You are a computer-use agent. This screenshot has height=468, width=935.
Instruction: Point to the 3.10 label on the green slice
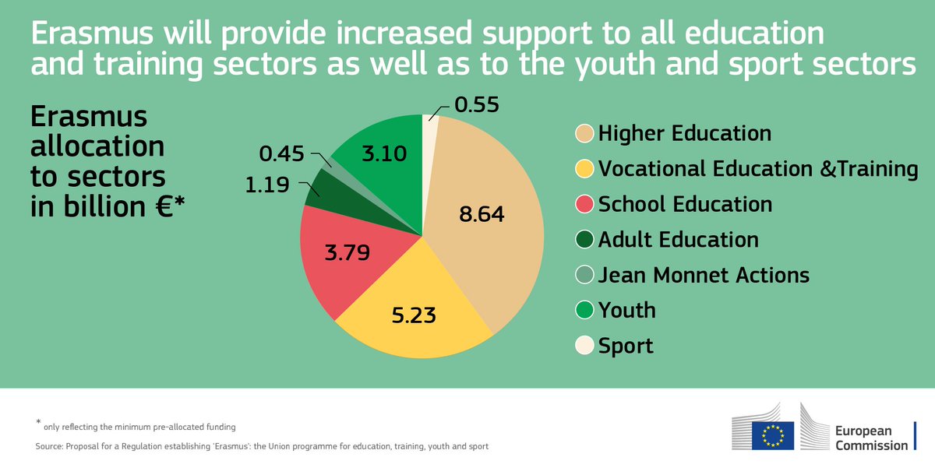click(383, 154)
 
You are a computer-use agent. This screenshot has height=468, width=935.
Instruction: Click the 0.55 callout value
click(477, 104)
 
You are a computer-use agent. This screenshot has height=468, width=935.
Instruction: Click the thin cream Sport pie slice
click(430, 128)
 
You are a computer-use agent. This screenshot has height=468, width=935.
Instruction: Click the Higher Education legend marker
click(584, 133)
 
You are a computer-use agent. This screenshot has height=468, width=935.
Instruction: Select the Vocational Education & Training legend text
click(758, 168)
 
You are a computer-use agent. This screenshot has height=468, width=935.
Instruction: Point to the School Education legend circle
click(584, 204)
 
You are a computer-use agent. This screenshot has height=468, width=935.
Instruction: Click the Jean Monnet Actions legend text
click(704, 275)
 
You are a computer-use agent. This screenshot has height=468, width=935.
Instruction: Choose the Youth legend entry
click(626, 310)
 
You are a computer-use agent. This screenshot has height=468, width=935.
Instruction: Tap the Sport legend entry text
click(626, 345)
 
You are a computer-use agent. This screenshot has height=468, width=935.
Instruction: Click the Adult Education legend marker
click(584, 240)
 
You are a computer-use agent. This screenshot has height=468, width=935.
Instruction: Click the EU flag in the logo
click(773, 435)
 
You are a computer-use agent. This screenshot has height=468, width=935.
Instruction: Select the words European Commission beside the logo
click(870, 438)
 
